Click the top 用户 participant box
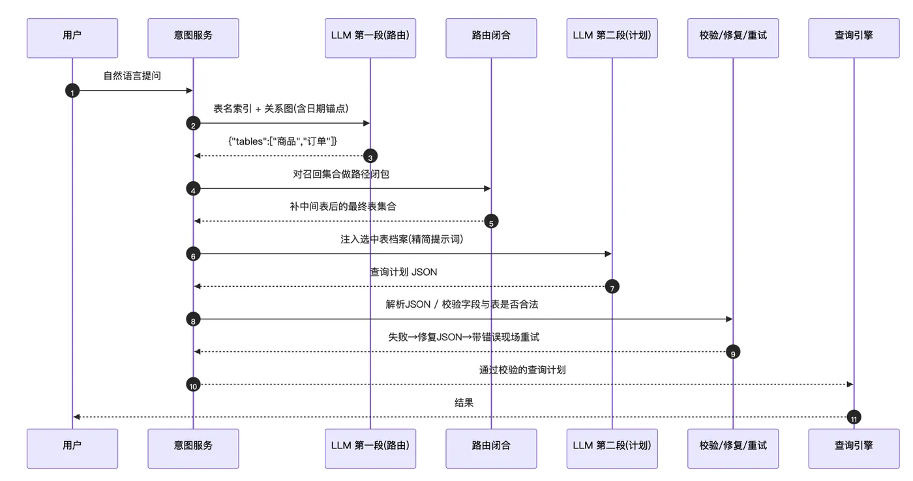coord(72,38)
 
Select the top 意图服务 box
coord(193,38)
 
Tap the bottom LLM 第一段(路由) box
coord(370,448)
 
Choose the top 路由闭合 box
coord(491,38)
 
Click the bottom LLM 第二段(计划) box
coord(612,448)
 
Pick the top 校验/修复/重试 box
coord(733,38)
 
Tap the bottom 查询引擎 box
coord(854,448)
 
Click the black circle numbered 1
coord(72,91)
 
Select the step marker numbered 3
coord(370,156)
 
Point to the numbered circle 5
coord(491,221)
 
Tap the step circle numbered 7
coord(612,287)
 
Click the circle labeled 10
coord(193,385)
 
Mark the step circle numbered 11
coord(854,417)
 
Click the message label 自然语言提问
coord(132,76)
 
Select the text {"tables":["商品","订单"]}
coord(282,141)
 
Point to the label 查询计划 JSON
coord(404,272)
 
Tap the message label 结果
coord(464,403)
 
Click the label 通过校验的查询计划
coord(522,370)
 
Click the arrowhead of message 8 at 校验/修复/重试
coord(729,319)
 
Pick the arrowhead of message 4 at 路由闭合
coord(487,188)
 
